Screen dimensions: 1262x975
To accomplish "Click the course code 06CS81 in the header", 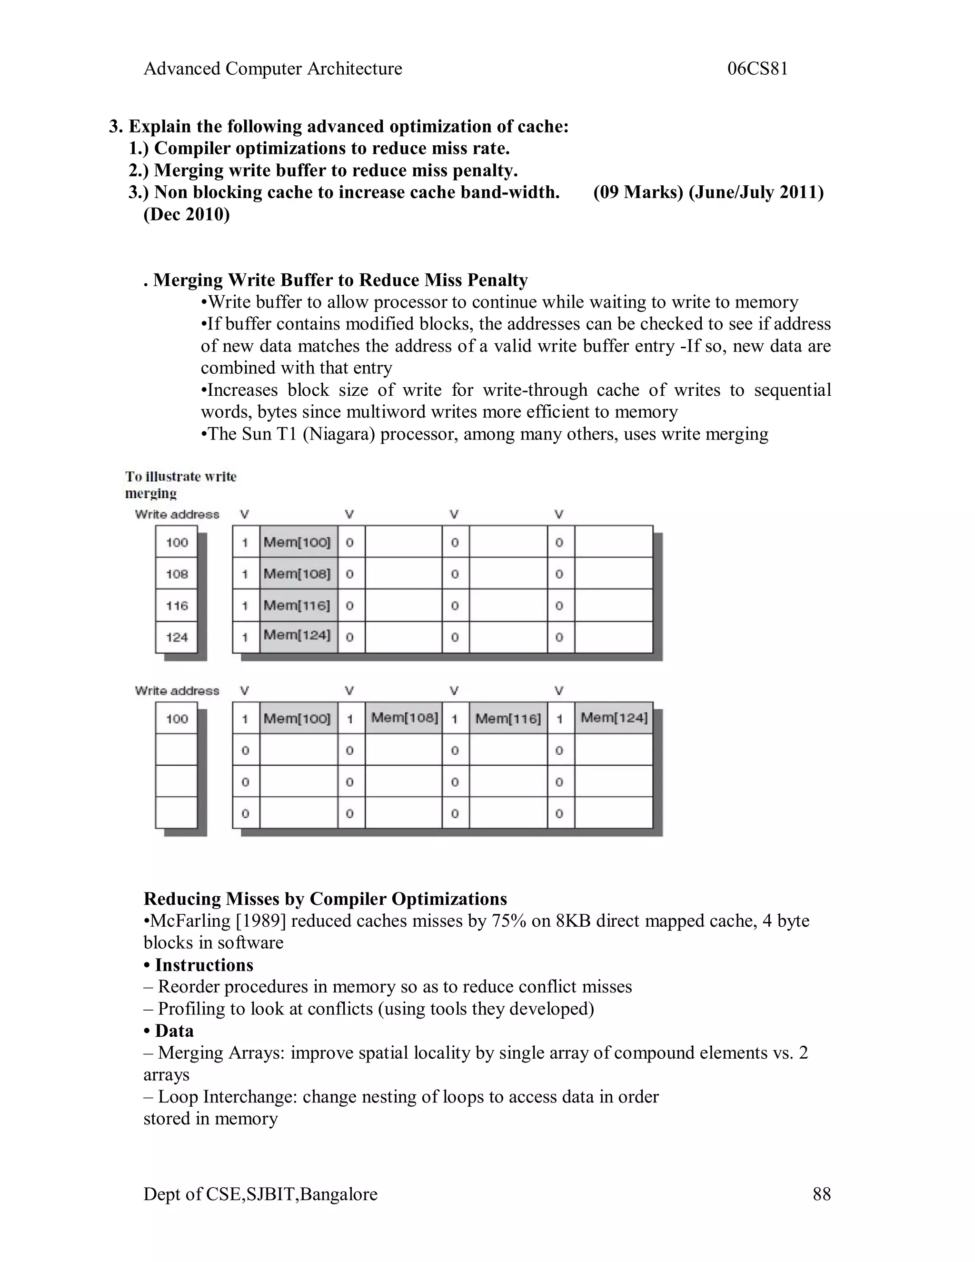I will coord(757,69).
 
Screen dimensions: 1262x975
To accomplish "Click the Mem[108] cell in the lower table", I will coord(404,718).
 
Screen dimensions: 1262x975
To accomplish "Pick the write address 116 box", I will coord(177,606).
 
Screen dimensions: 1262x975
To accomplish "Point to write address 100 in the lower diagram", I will coord(177,719).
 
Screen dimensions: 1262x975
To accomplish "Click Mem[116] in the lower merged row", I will coord(507,718).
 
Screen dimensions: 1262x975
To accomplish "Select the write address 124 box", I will coord(177,637).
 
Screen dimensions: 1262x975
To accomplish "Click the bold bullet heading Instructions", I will coord(204,965).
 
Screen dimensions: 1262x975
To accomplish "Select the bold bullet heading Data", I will coord(174,1031).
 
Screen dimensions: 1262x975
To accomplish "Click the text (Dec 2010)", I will coord(187,214).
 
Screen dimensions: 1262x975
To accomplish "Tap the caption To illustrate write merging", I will coord(180,484).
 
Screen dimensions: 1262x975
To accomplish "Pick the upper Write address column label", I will coord(177,514).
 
